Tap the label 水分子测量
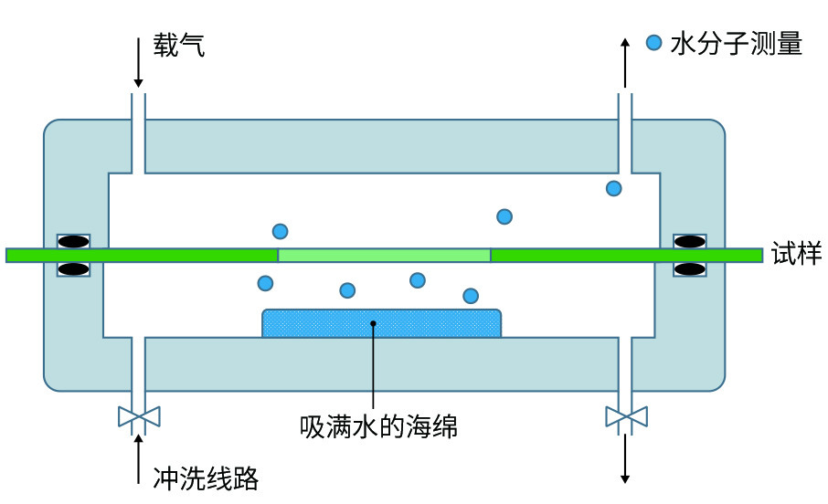click(736, 43)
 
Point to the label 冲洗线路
click(206, 477)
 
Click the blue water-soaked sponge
click(381, 324)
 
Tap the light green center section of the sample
click(384, 255)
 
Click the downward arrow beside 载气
click(138, 62)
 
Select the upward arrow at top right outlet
click(625, 62)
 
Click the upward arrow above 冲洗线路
click(138, 457)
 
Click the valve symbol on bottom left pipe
click(139, 417)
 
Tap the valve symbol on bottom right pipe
click(626, 417)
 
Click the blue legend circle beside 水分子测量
click(653, 42)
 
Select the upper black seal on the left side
click(74, 242)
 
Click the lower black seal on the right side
click(690, 269)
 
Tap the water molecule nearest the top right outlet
click(614, 188)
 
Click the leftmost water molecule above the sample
click(280, 231)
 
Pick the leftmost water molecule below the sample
click(265, 283)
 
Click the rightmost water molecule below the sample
click(471, 295)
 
